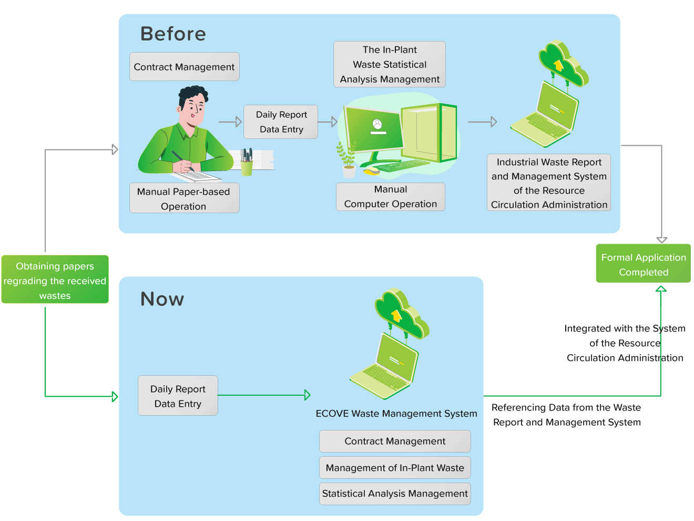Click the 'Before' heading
(x=173, y=34)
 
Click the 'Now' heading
(x=162, y=299)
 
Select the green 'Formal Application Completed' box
(x=643, y=264)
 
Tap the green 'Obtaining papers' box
(x=55, y=280)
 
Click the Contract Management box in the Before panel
(x=184, y=67)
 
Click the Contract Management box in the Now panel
(x=395, y=441)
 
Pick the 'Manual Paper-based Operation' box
(x=184, y=198)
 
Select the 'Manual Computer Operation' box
(x=390, y=197)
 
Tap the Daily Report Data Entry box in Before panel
(x=281, y=122)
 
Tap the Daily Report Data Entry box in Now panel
(x=178, y=396)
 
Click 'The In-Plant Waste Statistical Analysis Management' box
(x=390, y=64)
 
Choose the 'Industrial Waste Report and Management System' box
(x=549, y=183)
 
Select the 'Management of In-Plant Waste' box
(x=395, y=467)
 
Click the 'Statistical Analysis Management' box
(x=395, y=494)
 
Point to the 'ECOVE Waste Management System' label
(x=396, y=414)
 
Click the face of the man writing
(x=193, y=109)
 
